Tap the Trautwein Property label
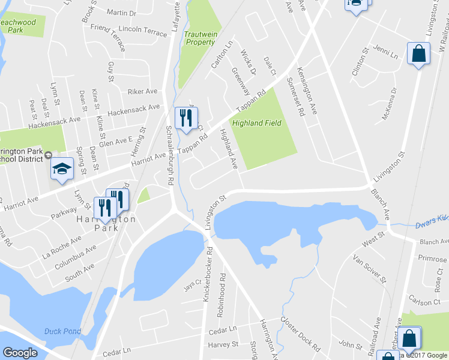(200, 38)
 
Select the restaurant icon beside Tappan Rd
(185, 117)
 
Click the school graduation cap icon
(61, 170)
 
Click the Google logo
(20, 352)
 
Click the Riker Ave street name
(142, 92)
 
